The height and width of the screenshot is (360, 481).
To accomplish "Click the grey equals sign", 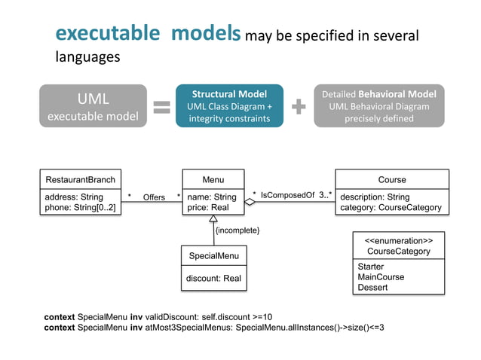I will [161, 107].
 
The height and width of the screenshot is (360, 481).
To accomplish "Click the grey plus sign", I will [299, 107].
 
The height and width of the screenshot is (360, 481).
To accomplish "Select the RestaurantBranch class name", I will [80, 180].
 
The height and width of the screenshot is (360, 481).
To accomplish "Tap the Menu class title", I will [213, 180].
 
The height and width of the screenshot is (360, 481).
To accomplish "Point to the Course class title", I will [391, 180].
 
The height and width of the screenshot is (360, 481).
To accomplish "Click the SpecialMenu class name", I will [213, 256].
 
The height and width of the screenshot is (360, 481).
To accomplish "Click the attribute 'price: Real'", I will [208, 208].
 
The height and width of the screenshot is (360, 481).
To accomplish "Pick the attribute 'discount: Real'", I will [214, 279].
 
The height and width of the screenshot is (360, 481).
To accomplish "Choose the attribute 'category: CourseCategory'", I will [391, 208].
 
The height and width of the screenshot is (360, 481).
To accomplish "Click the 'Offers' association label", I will [154, 197].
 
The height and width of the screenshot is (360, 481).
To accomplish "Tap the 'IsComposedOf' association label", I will [287, 196].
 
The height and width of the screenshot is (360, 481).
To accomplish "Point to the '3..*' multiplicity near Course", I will [325, 195].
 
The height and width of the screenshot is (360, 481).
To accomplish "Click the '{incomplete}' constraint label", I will [237, 229].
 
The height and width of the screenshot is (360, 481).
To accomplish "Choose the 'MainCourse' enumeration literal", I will [381, 277].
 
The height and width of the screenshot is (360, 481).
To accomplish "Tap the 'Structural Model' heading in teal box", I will [228, 94].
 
